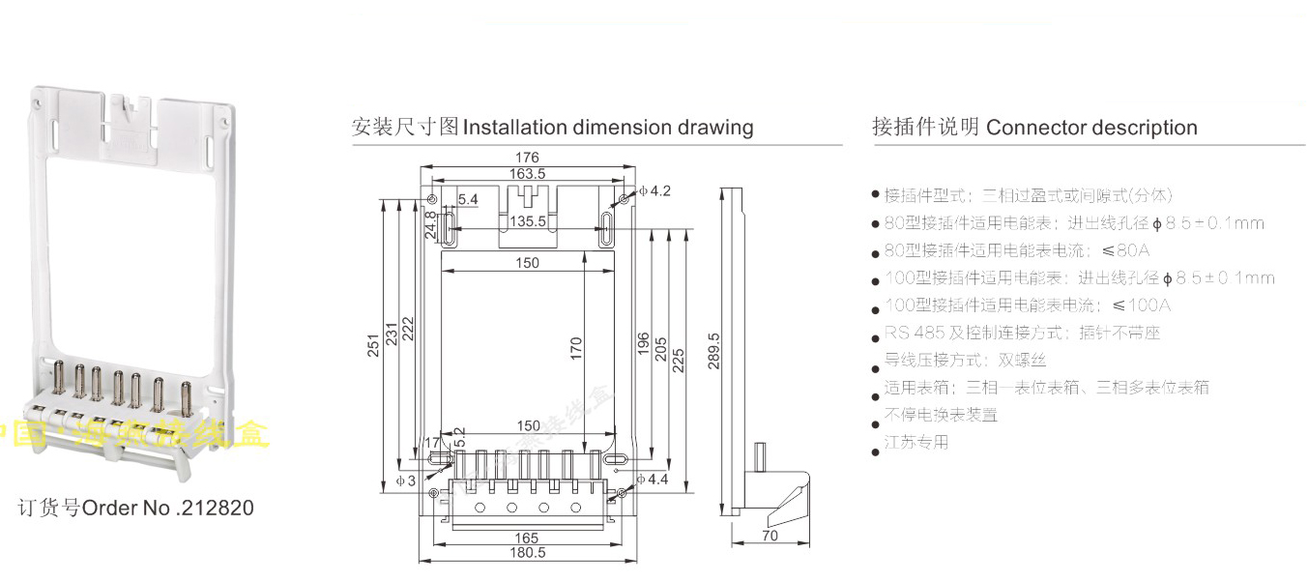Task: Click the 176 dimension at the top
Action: tap(527, 158)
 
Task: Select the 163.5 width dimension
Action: tap(528, 173)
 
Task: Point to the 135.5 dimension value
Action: tap(528, 220)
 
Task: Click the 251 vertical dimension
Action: tap(374, 346)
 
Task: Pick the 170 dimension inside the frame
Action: tap(576, 349)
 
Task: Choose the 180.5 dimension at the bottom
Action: tap(528, 553)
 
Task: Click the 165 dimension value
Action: tap(527, 538)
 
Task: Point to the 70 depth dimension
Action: tap(770, 534)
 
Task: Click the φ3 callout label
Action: tap(405, 480)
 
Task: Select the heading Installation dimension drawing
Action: tap(608, 127)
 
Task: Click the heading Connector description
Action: tap(1091, 128)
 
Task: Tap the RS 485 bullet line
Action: tap(1022, 333)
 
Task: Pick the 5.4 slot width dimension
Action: tap(468, 199)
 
